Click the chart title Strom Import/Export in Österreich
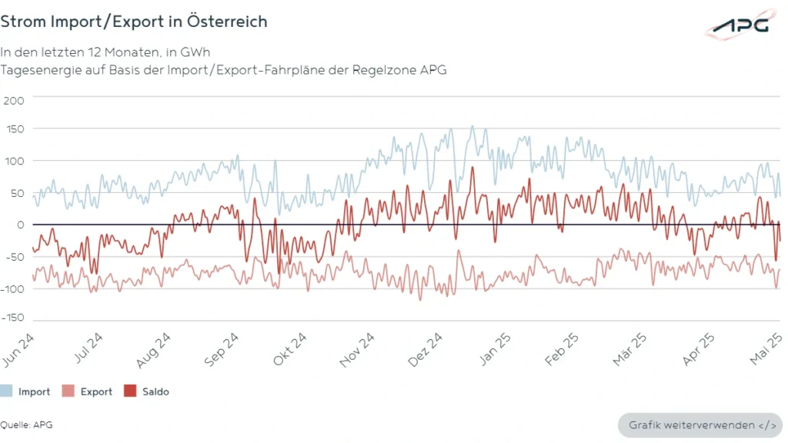click(134, 22)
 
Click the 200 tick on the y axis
click(15, 101)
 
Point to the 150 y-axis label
click(15, 129)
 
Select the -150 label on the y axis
click(14, 317)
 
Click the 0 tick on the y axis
click(21, 225)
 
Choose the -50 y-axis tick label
click(15, 256)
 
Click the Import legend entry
click(25, 391)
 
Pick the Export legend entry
click(88, 391)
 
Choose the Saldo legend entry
click(147, 391)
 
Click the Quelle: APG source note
click(26, 425)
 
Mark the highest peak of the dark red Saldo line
click(473, 167)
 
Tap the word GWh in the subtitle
click(195, 52)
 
